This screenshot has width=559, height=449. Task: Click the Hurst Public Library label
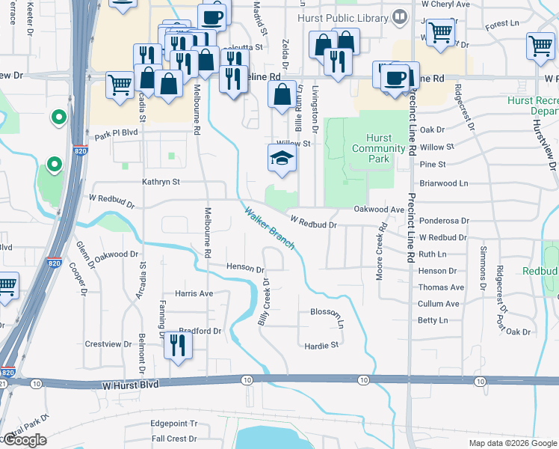pyautogui.click(x=343, y=16)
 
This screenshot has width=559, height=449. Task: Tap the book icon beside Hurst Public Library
pyautogui.click(x=401, y=16)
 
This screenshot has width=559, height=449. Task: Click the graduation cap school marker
pyautogui.click(x=282, y=158)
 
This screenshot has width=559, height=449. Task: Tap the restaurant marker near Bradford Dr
pyautogui.click(x=177, y=344)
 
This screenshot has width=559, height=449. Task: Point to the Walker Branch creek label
pyautogui.click(x=269, y=228)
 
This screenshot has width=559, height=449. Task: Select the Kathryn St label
pyautogui.click(x=161, y=181)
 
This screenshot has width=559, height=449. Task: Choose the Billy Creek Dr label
pyautogui.click(x=264, y=302)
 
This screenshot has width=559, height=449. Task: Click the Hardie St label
pyautogui.click(x=322, y=345)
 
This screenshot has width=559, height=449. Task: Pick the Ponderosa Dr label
pyautogui.click(x=443, y=222)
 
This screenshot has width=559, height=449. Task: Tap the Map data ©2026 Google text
pyautogui.click(x=512, y=443)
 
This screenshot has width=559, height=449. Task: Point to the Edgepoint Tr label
pyautogui.click(x=173, y=423)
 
